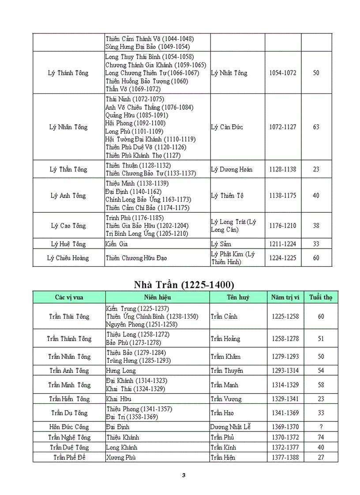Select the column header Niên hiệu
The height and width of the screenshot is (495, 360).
tap(157, 298)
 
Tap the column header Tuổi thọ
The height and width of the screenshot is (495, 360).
tap(321, 298)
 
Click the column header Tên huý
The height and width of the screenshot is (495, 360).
tap(238, 298)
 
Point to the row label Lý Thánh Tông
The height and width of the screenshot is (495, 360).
tap(68, 73)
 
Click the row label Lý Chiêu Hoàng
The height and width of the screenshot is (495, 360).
tap(68, 258)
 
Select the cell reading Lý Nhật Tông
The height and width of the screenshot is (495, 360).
tap(229, 73)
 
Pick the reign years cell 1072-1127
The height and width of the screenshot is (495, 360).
tap(283, 127)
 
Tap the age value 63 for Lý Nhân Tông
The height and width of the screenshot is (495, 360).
tap(316, 127)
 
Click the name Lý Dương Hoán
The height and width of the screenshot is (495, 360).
tap(232, 169)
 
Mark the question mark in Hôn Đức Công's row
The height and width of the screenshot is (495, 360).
tap(321, 427)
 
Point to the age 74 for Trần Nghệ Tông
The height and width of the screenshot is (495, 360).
tap(321, 437)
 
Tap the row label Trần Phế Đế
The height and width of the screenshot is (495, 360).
tap(69, 457)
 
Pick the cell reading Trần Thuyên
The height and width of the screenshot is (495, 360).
tap(227, 371)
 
